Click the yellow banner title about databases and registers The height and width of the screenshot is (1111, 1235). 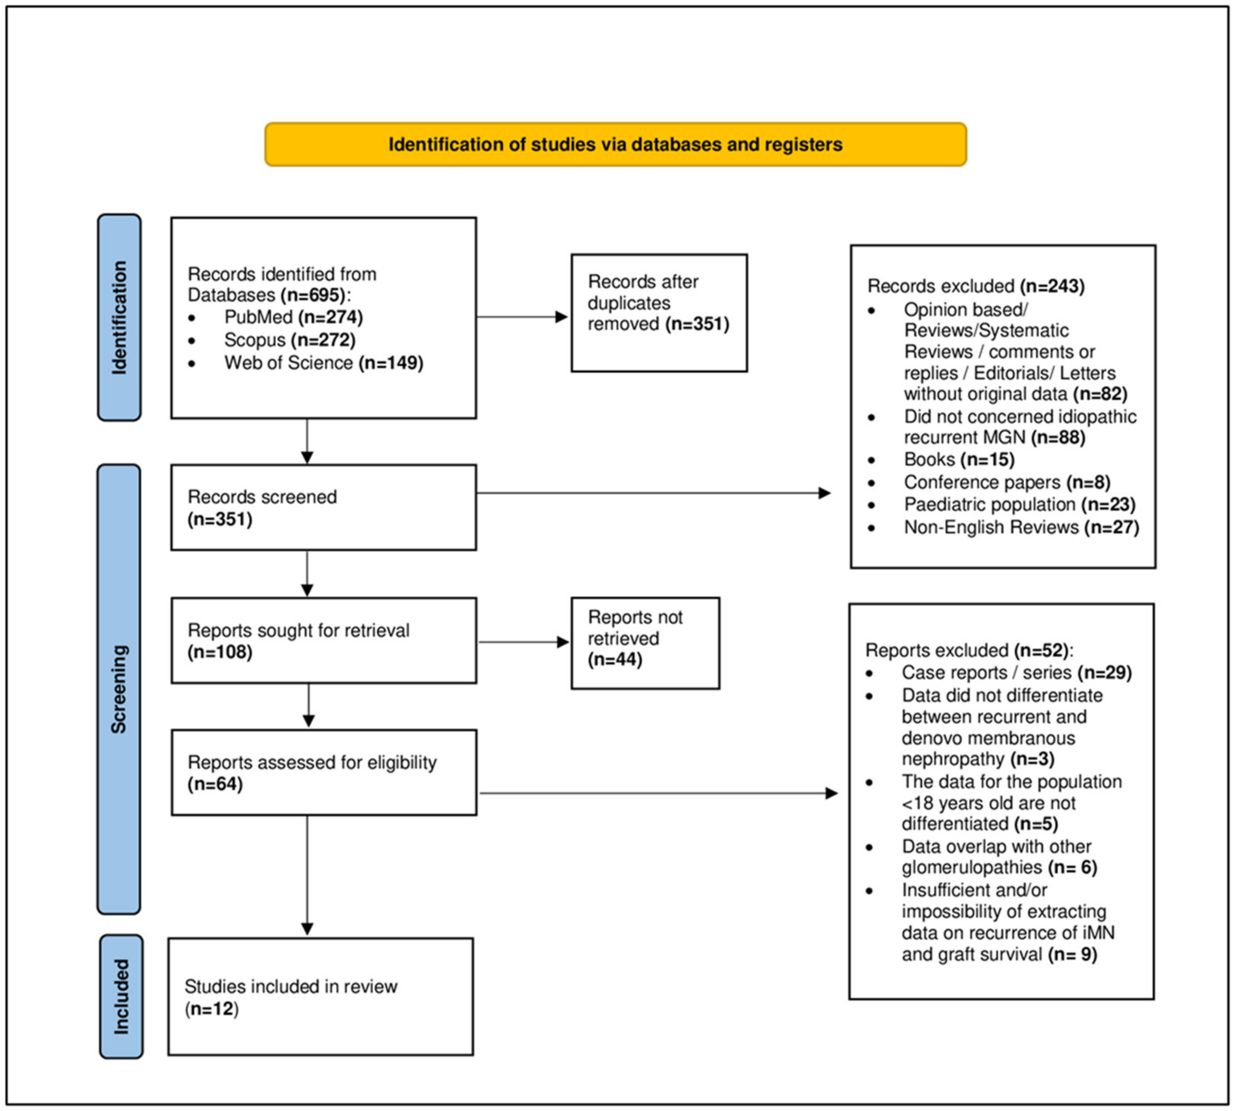tap(615, 145)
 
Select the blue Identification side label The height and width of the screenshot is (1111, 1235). tap(119, 317)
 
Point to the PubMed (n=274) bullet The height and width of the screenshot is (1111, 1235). tap(293, 317)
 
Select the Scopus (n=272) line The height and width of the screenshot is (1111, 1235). tap(289, 340)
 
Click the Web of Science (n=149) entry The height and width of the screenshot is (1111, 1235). tap(323, 363)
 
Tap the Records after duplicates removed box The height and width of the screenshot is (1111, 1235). tap(659, 312)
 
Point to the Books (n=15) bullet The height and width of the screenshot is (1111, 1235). tap(958, 459)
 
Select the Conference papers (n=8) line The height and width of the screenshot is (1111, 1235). tap(1007, 482)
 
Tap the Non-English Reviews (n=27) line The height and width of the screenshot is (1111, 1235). tap(1021, 527)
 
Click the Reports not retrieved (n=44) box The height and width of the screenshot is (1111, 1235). tap(645, 643)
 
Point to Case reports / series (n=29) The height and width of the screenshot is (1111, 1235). tap(1016, 673)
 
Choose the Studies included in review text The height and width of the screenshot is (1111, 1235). tap(291, 987)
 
